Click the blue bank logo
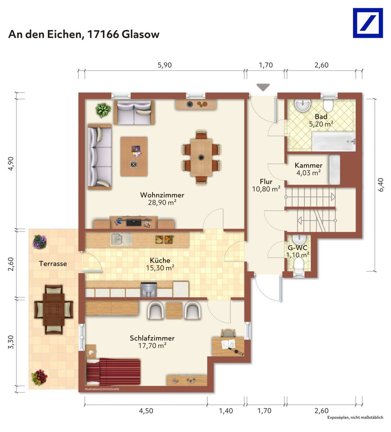click(368, 23)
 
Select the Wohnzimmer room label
click(162, 195)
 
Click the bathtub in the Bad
click(334, 142)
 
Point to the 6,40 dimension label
click(381, 185)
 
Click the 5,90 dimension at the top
click(164, 65)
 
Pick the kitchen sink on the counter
click(121, 239)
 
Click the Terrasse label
click(53, 264)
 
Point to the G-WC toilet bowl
click(299, 265)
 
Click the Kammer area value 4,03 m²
click(308, 173)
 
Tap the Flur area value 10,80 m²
click(266, 189)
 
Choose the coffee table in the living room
click(134, 157)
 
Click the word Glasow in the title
click(140, 34)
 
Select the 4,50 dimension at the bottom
click(146, 411)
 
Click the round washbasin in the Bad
click(303, 106)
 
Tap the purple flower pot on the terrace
click(40, 242)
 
